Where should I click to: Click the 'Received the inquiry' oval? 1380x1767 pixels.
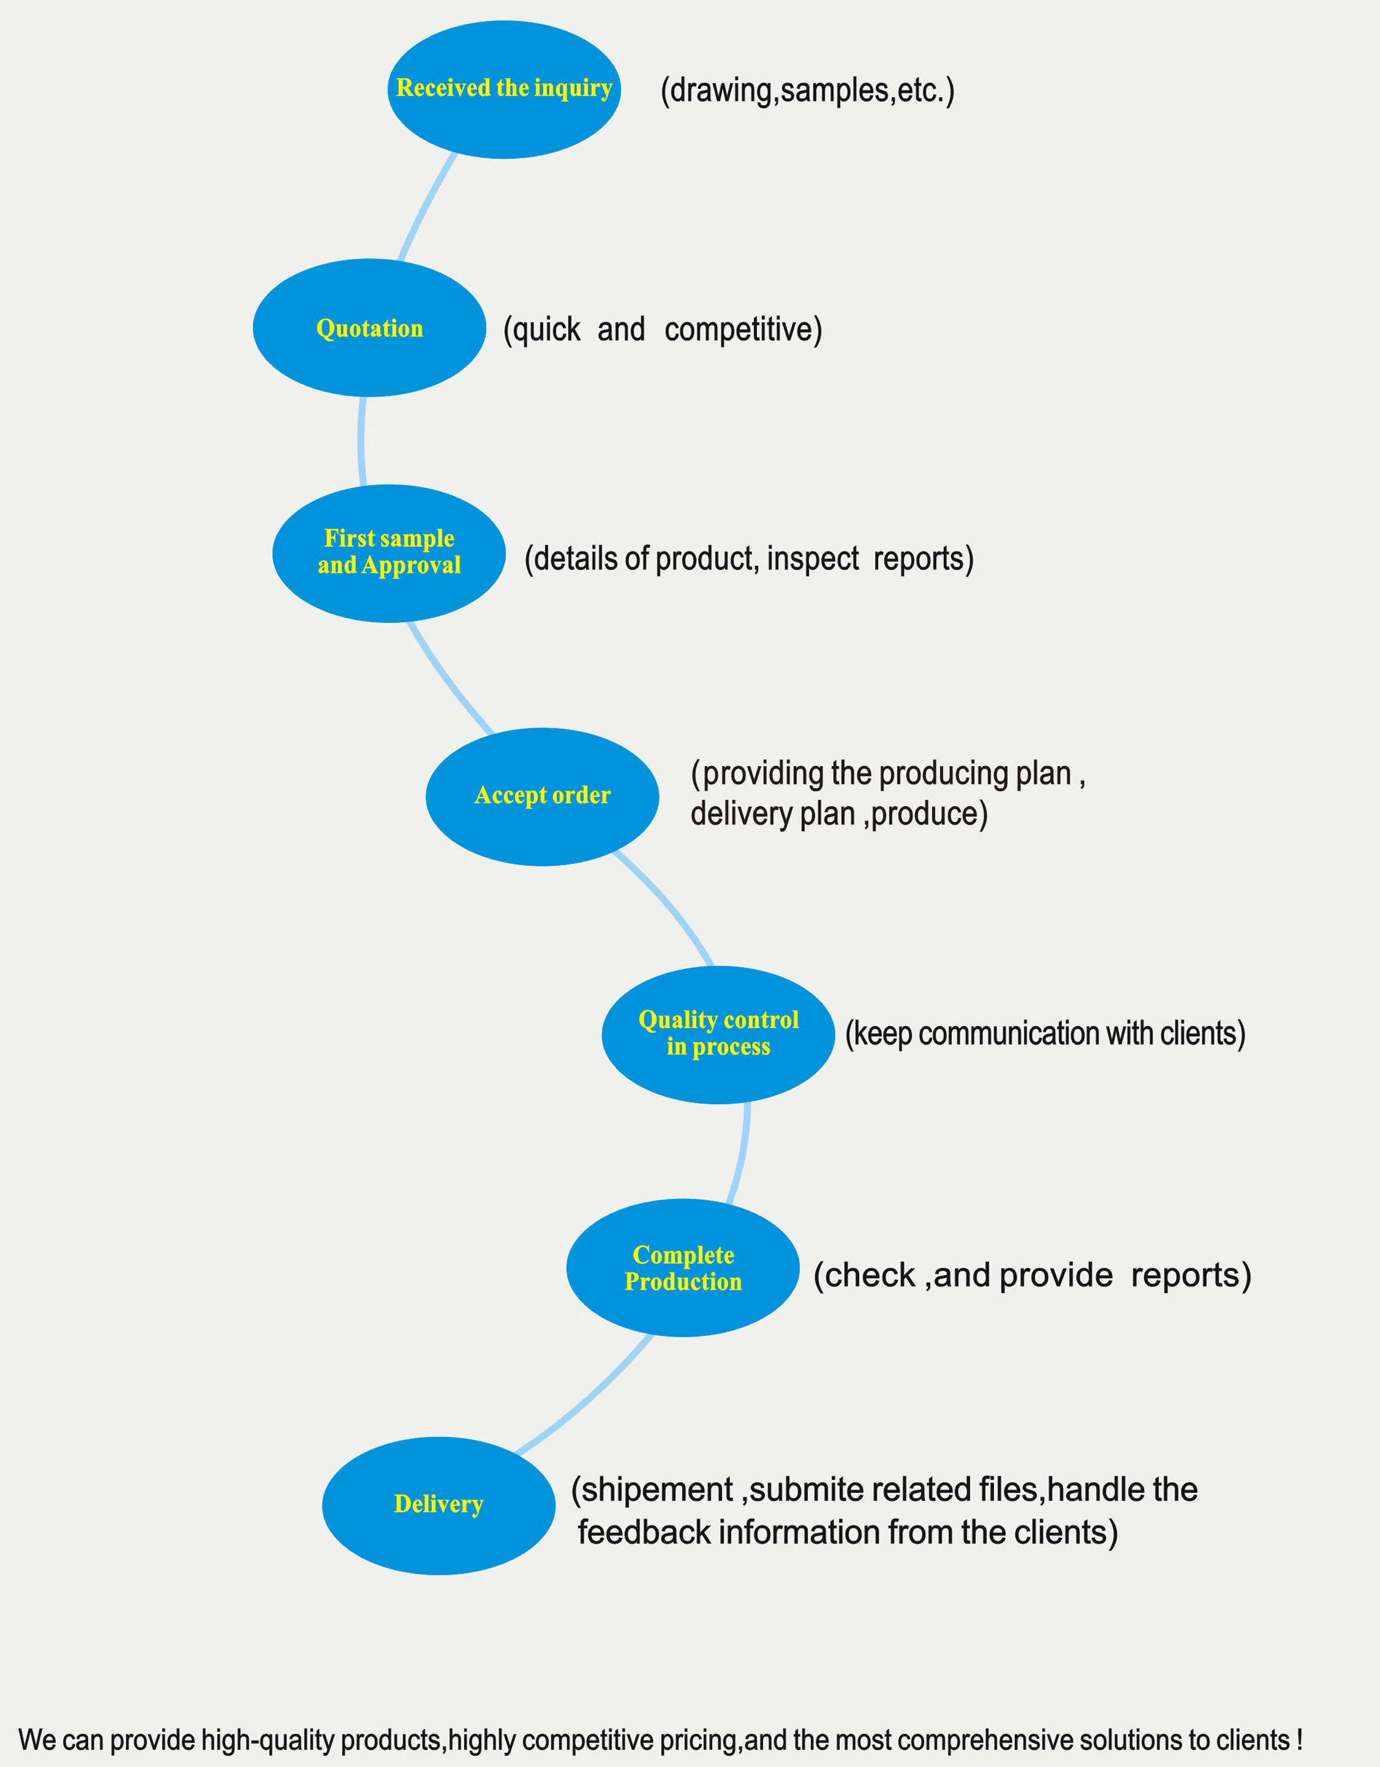[x=504, y=89]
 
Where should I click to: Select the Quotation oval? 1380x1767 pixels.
[x=370, y=327]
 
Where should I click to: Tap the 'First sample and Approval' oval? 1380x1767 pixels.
[x=389, y=554]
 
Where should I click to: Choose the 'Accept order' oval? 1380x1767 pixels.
[x=542, y=797]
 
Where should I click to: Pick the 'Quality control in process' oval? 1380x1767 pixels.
[x=718, y=1035]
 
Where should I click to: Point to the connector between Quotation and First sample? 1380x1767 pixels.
[x=361, y=441]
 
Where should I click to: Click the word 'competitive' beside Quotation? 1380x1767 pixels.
[x=739, y=330]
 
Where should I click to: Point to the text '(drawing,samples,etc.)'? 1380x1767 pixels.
[x=807, y=90]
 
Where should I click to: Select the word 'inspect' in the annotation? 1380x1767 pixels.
[x=813, y=559]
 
